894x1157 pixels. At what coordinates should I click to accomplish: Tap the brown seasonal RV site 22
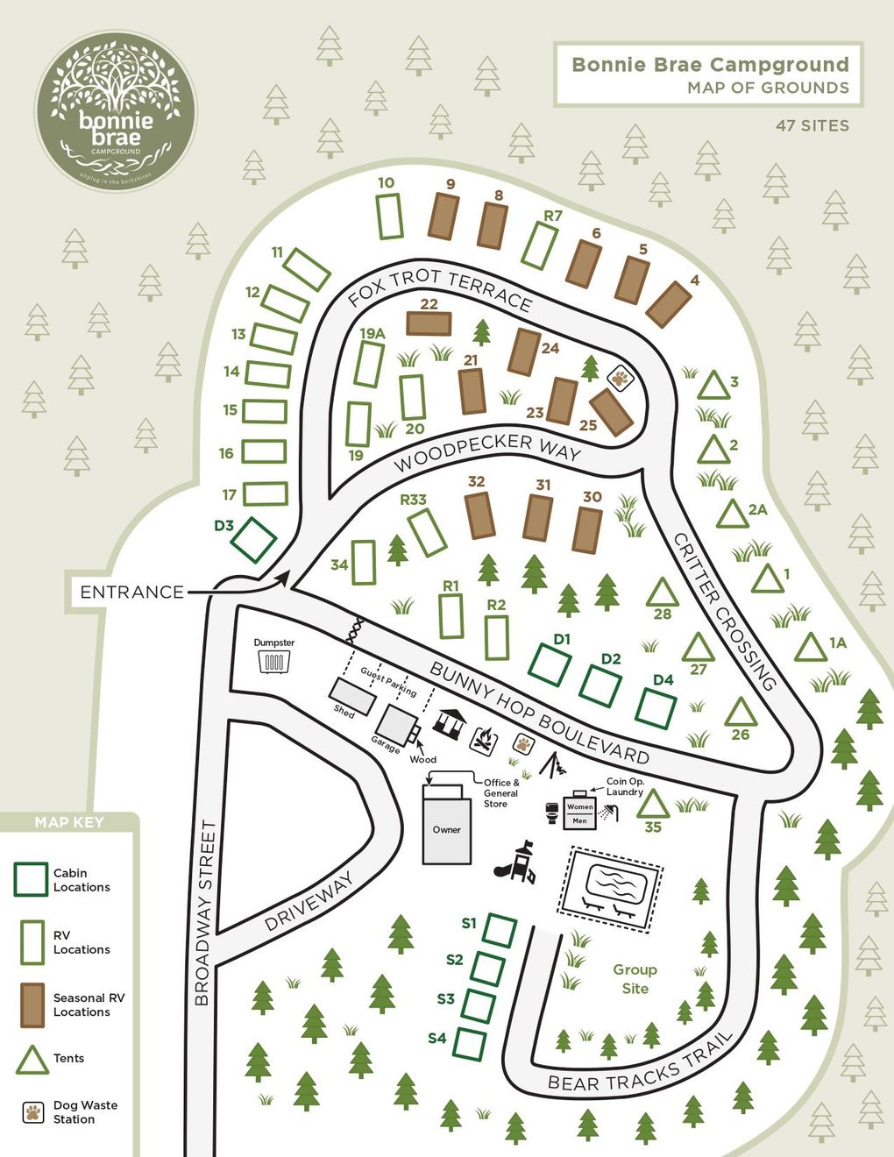click(429, 323)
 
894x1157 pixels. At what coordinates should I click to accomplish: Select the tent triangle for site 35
click(652, 805)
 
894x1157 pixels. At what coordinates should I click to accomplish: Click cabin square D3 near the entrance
click(253, 540)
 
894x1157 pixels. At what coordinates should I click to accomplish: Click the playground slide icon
click(516, 863)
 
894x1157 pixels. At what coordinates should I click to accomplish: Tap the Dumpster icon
click(274, 661)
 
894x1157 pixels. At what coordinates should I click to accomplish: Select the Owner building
click(446, 828)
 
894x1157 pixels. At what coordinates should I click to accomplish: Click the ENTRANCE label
click(131, 593)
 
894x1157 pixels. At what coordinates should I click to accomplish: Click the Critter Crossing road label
click(725, 611)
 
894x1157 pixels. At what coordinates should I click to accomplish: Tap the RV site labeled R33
click(428, 532)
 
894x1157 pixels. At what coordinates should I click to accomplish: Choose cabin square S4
click(469, 1044)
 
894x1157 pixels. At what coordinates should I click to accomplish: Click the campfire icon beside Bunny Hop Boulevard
click(482, 741)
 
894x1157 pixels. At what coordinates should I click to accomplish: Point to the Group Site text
click(635, 979)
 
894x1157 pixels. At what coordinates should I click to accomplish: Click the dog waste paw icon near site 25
click(621, 378)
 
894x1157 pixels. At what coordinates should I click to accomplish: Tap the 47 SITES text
click(812, 125)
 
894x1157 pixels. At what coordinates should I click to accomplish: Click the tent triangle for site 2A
click(732, 514)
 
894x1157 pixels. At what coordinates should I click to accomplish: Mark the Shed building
click(353, 697)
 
